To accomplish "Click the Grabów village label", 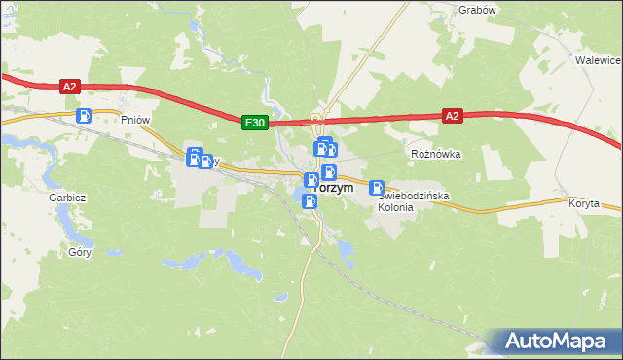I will click(477, 10).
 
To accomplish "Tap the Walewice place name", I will click(599, 59).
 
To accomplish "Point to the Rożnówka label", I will click(435, 154).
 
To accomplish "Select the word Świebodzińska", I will click(413, 196).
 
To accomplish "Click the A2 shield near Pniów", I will click(68, 87).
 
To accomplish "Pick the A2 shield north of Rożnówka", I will click(451, 115).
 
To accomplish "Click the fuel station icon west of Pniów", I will click(85, 115).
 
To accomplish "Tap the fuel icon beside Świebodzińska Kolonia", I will click(377, 188).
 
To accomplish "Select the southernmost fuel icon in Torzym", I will click(310, 201).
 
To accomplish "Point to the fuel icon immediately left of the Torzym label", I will click(310, 180).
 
